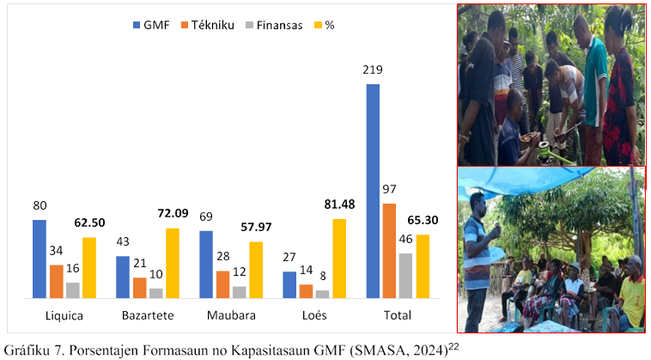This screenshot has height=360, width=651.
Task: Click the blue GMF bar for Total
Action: click(373, 191)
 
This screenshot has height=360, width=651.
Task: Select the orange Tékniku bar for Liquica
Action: click(56, 281)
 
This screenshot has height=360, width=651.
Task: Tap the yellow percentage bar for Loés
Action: click(340, 258)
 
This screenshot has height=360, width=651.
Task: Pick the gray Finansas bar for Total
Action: click(405, 275)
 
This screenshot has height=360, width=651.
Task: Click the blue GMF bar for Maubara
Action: click(206, 264)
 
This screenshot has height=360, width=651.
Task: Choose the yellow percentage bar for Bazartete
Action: click(173, 263)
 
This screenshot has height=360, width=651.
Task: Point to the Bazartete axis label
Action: click(148, 315)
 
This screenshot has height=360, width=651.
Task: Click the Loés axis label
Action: click(314, 315)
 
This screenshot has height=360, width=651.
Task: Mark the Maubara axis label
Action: click(231, 315)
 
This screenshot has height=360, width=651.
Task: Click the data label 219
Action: click(373, 70)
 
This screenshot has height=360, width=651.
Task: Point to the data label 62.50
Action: click(90, 223)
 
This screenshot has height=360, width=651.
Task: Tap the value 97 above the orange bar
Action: click(389, 189)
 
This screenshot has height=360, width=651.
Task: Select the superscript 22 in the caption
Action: click(454, 345)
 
